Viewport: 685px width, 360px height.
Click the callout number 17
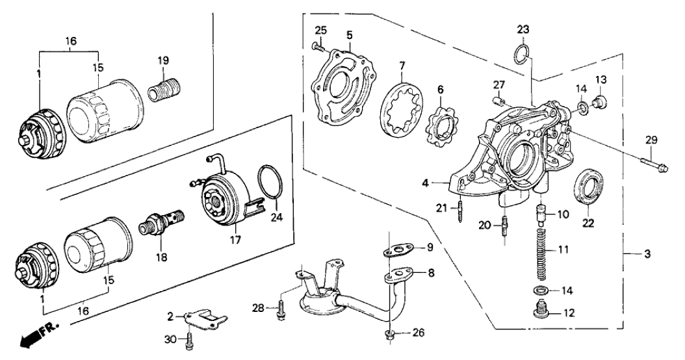coord(235,240)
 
